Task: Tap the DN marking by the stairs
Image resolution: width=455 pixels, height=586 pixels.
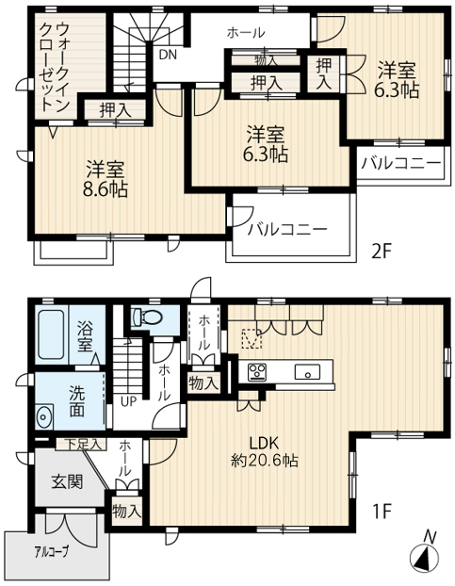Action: pyautogui.click(x=167, y=54)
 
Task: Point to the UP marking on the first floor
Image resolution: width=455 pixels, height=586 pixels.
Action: pyautogui.click(x=126, y=399)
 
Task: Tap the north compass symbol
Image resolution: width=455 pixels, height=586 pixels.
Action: pyautogui.click(x=425, y=556)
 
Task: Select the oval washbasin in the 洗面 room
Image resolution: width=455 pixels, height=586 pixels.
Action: pyautogui.click(x=44, y=415)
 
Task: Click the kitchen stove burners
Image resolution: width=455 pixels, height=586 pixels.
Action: pyautogui.click(x=257, y=370)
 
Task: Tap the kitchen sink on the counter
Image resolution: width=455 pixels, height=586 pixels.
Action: pyautogui.click(x=308, y=370)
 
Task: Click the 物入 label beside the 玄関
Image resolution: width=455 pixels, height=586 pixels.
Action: pyautogui.click(x=126, y=511)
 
